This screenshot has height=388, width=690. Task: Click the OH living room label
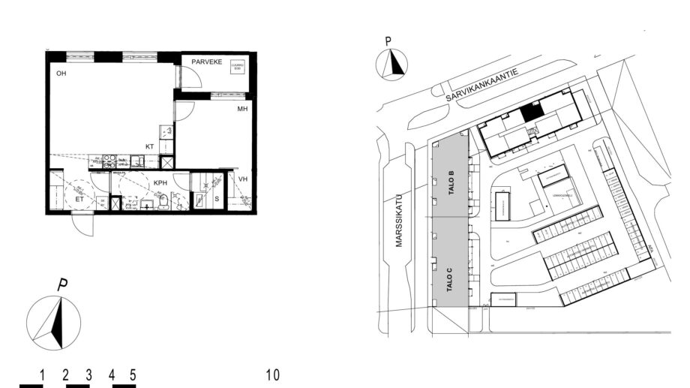coord(61,74)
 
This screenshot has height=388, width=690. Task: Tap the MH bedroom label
coord(242,109)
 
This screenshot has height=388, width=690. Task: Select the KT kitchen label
coord(151,147)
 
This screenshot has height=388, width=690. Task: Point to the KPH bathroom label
coord(161,182)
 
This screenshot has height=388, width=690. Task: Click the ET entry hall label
coord(79,200)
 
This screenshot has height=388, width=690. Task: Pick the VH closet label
coord(243,179)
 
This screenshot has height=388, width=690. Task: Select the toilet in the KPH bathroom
coord(161,203)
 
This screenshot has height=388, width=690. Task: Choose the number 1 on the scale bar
coord(42,374)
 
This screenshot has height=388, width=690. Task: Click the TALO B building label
coord(451,183)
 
